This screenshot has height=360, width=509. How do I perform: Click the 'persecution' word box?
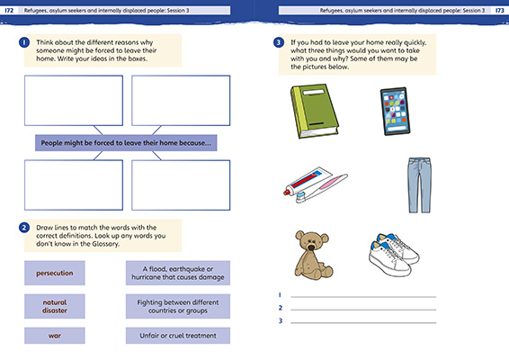tap(55, 273)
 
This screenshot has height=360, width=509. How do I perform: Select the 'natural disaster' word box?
tap(55, 306)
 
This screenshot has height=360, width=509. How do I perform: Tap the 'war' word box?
tap(55, 336)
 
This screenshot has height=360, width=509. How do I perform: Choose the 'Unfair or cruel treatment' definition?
tap(176, 336)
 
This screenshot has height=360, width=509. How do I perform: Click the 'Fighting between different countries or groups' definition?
tap(176, 306)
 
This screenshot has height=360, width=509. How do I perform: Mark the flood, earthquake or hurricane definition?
tap(176, 273)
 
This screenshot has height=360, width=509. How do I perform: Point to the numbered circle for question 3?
tap(280, 42)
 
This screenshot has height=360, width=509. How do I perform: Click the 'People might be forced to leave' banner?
tap(125, 143)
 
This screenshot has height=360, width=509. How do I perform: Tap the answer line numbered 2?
tap(364, 309)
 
